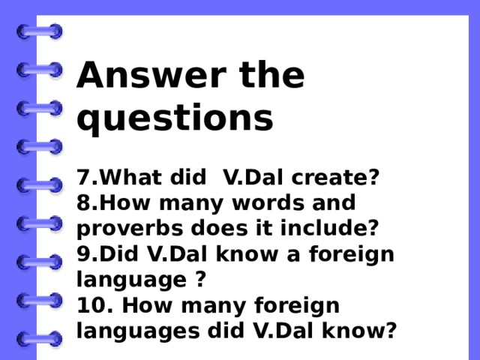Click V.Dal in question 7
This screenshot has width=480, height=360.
pyautogui.click(x=251, y=178)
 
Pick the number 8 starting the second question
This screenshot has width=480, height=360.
pyautogui.click(x=82, y=203)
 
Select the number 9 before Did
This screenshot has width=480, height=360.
pyautogui.click(x=82, y=253)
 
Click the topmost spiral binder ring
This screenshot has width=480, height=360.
pyautogui.click(x=39, y=31)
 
